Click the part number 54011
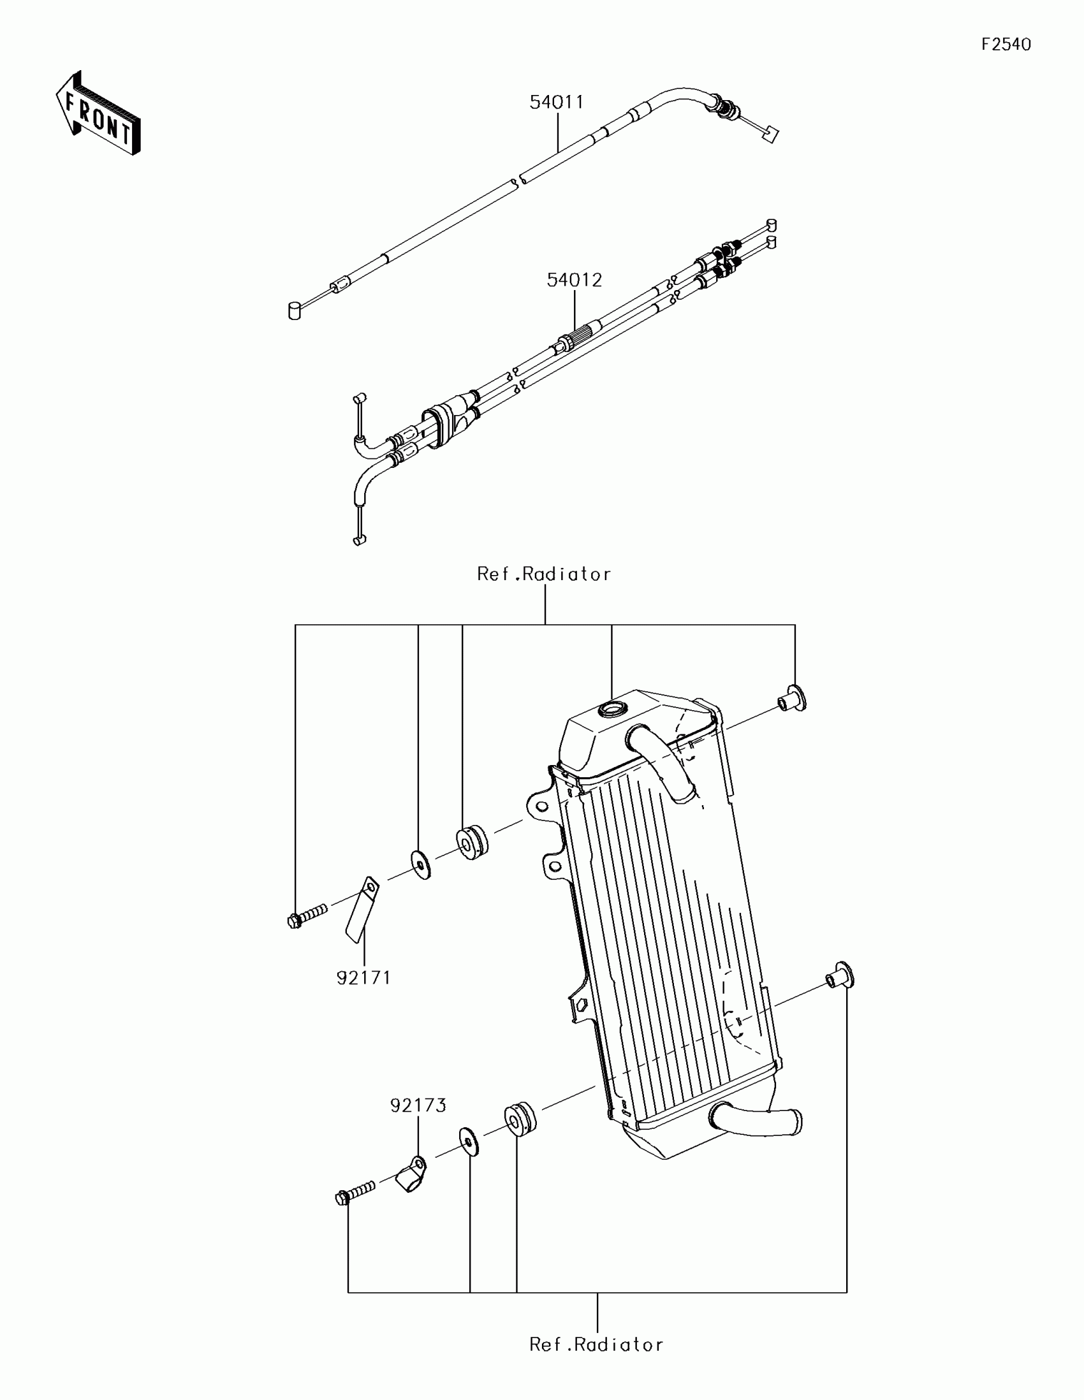pos(557,103)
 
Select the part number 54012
pos(574,280)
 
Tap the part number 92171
pos(363,977)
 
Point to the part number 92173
pos(418,1105)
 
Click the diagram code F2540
pos(1006,44)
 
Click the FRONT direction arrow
pos(98,114)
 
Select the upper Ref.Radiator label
pos(544,574)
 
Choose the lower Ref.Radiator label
pos(596,1345)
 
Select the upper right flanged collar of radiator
pos(794,699)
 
